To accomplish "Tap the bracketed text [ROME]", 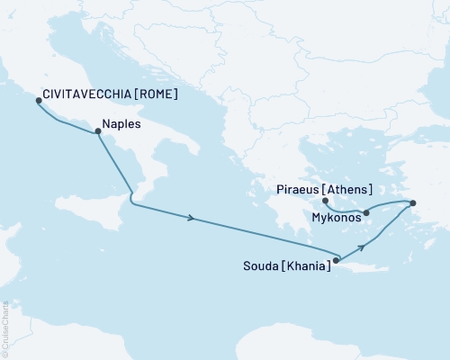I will (x=152, y=93).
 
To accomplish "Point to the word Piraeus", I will (x=295, y=190).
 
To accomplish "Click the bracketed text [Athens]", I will (x=349, y=190).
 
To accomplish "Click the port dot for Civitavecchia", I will (x=38, y=101).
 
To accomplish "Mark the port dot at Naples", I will (x=97, y=131).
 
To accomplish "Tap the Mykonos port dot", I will (x=366, y=212).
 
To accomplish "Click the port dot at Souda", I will (x=336, y=261).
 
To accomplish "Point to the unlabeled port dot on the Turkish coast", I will (x=412, y=203).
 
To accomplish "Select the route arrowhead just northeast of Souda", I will (x=363, y=246).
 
